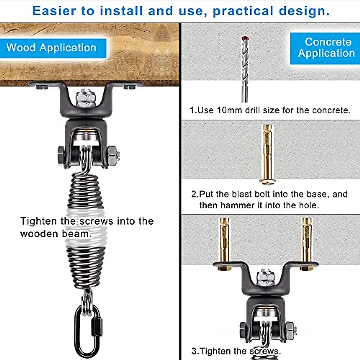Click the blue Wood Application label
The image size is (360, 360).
[52, 48]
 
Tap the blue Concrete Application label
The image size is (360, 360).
[326, 48]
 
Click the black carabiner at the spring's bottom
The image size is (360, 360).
[88, 330]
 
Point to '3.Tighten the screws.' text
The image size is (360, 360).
[236, 351]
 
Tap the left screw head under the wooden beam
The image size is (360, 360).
[42, 87]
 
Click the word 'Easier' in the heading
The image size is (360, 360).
[54, 11]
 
